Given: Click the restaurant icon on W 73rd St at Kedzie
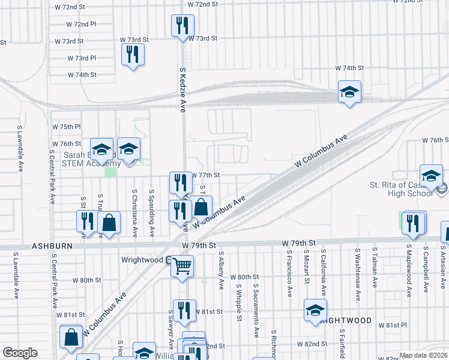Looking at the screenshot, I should pos(182,25).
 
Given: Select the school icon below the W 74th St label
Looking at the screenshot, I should pos(349,92).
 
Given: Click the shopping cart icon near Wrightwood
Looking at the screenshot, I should pos(182,265).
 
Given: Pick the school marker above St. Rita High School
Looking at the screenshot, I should pos(430,175).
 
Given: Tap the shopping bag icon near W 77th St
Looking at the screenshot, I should pos(201,208).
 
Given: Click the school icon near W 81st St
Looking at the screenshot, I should pos(315,310).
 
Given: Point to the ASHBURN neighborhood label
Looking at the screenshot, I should pos(52,246).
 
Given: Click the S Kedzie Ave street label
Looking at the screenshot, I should pos(183,89).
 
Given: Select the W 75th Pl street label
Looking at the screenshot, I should pos(66,127).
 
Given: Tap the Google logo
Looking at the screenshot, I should pos(19,353).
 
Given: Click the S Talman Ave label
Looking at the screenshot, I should pos(375,268).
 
